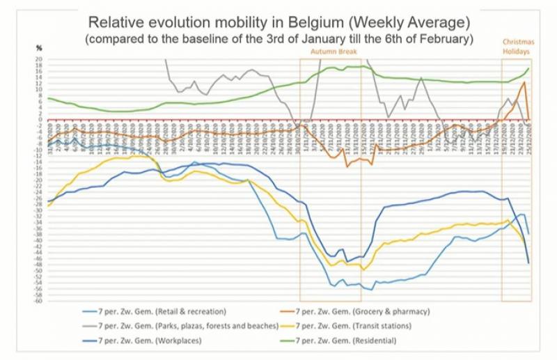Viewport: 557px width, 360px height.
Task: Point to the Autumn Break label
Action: point(330,52)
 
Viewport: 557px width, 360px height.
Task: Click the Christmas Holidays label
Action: point(516,47)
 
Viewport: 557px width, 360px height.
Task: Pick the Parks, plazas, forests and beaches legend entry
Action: point(189,325)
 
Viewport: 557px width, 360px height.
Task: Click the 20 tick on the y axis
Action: point(40,59)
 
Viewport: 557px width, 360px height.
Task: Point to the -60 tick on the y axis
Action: point(39,302)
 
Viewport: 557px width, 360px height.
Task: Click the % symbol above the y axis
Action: point(40,48)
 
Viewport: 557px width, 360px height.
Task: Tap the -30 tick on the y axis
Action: point(39,210)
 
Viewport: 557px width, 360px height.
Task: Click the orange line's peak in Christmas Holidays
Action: point(524,82)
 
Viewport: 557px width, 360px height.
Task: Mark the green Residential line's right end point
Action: point(529,68)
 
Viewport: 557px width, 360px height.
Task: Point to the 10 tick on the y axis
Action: point(40,89)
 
